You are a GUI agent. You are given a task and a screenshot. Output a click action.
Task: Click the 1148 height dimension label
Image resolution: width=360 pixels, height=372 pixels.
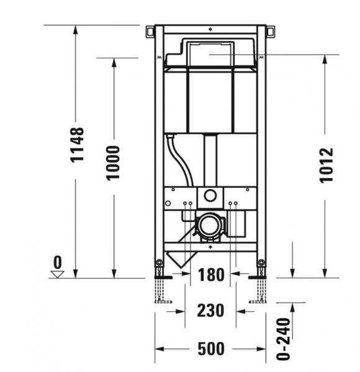pyautogui.click(x=76, y=144)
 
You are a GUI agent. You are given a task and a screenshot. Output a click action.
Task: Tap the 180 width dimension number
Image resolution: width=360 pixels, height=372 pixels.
pyautogui.click(x=210, y=275)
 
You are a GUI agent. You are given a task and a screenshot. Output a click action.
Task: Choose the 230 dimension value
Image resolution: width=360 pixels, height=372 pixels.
pyautogui.click(x=210, y=310)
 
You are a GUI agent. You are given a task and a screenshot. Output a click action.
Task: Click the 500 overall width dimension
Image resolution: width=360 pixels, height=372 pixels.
pyautogui.click(x=210, y=349)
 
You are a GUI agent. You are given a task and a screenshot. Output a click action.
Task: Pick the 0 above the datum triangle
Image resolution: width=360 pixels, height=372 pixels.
pyautogui.click(x=58, y=260)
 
